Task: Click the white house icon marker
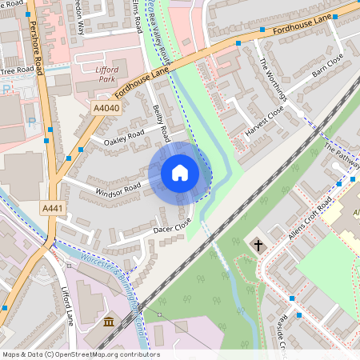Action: click(179, 173)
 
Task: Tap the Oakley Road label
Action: click(123, 137)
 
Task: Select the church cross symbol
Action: click(258, 243)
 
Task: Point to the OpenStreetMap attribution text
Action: click(80, 354)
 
